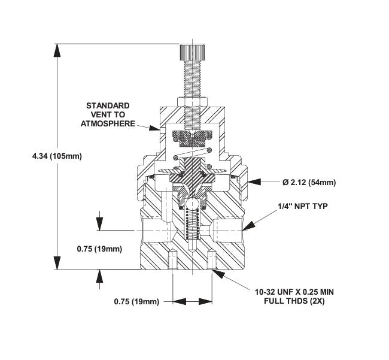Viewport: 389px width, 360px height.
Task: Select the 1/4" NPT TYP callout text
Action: click(303, 205)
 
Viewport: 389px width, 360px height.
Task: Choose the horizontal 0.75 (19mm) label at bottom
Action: click(136, 302)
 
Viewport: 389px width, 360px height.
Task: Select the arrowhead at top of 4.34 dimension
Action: click(58, 47)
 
